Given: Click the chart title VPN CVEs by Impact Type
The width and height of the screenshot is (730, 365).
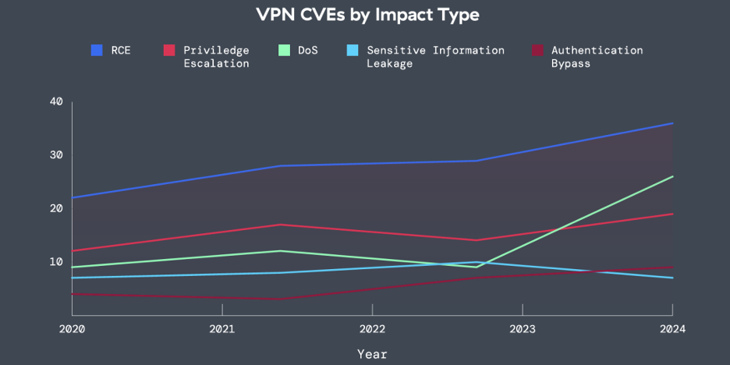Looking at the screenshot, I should (x=367, y=15).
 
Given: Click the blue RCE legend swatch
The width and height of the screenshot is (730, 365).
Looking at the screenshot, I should (x=97, y=51).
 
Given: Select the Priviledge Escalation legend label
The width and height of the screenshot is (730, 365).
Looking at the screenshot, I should (x=216, y=57).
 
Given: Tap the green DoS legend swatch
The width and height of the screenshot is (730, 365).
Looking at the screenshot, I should (x=282, y=51).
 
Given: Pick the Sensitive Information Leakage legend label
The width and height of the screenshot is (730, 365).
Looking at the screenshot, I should (x=435, y=57).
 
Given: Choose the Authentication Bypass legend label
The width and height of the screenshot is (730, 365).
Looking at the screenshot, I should (x=597, y=57).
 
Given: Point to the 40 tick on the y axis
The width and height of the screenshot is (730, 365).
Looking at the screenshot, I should (x=56, y=101).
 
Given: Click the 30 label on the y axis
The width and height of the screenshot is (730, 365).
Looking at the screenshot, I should (x=56, y=154).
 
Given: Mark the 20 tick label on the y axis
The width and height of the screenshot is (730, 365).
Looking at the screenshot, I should (x=56, y=208).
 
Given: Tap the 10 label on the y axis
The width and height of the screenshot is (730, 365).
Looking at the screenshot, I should (x=56, y=261).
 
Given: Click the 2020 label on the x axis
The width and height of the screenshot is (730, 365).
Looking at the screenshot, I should (x=73, y=328).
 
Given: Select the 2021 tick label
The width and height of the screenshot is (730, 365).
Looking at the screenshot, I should (x=222, y=328).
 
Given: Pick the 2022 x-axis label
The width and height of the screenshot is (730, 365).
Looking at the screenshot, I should (x=373, y=328).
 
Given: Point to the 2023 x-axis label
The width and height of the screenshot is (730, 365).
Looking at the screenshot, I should (x=523, y=328).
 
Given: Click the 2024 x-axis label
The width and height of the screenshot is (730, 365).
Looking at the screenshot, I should (x=672, y=328).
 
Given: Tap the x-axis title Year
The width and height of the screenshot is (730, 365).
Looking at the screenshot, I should (x=372, y=354).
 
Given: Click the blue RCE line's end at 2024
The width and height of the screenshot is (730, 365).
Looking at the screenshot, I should (x=673, y=123).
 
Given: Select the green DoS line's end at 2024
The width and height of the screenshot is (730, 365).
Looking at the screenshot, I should (x=673, y=176).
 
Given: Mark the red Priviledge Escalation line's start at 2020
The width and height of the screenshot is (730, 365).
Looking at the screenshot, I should (x=73, y=251).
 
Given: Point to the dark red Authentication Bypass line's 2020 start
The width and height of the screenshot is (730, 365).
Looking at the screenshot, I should (x=73, y=294).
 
